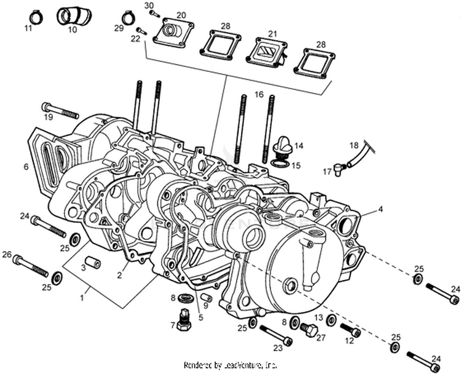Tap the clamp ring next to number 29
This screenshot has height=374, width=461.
point(128,17)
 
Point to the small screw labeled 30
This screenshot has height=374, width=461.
point(154,13)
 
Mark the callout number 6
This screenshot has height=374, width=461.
point(26,167)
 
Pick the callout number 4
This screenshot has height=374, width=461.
point(380,209)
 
